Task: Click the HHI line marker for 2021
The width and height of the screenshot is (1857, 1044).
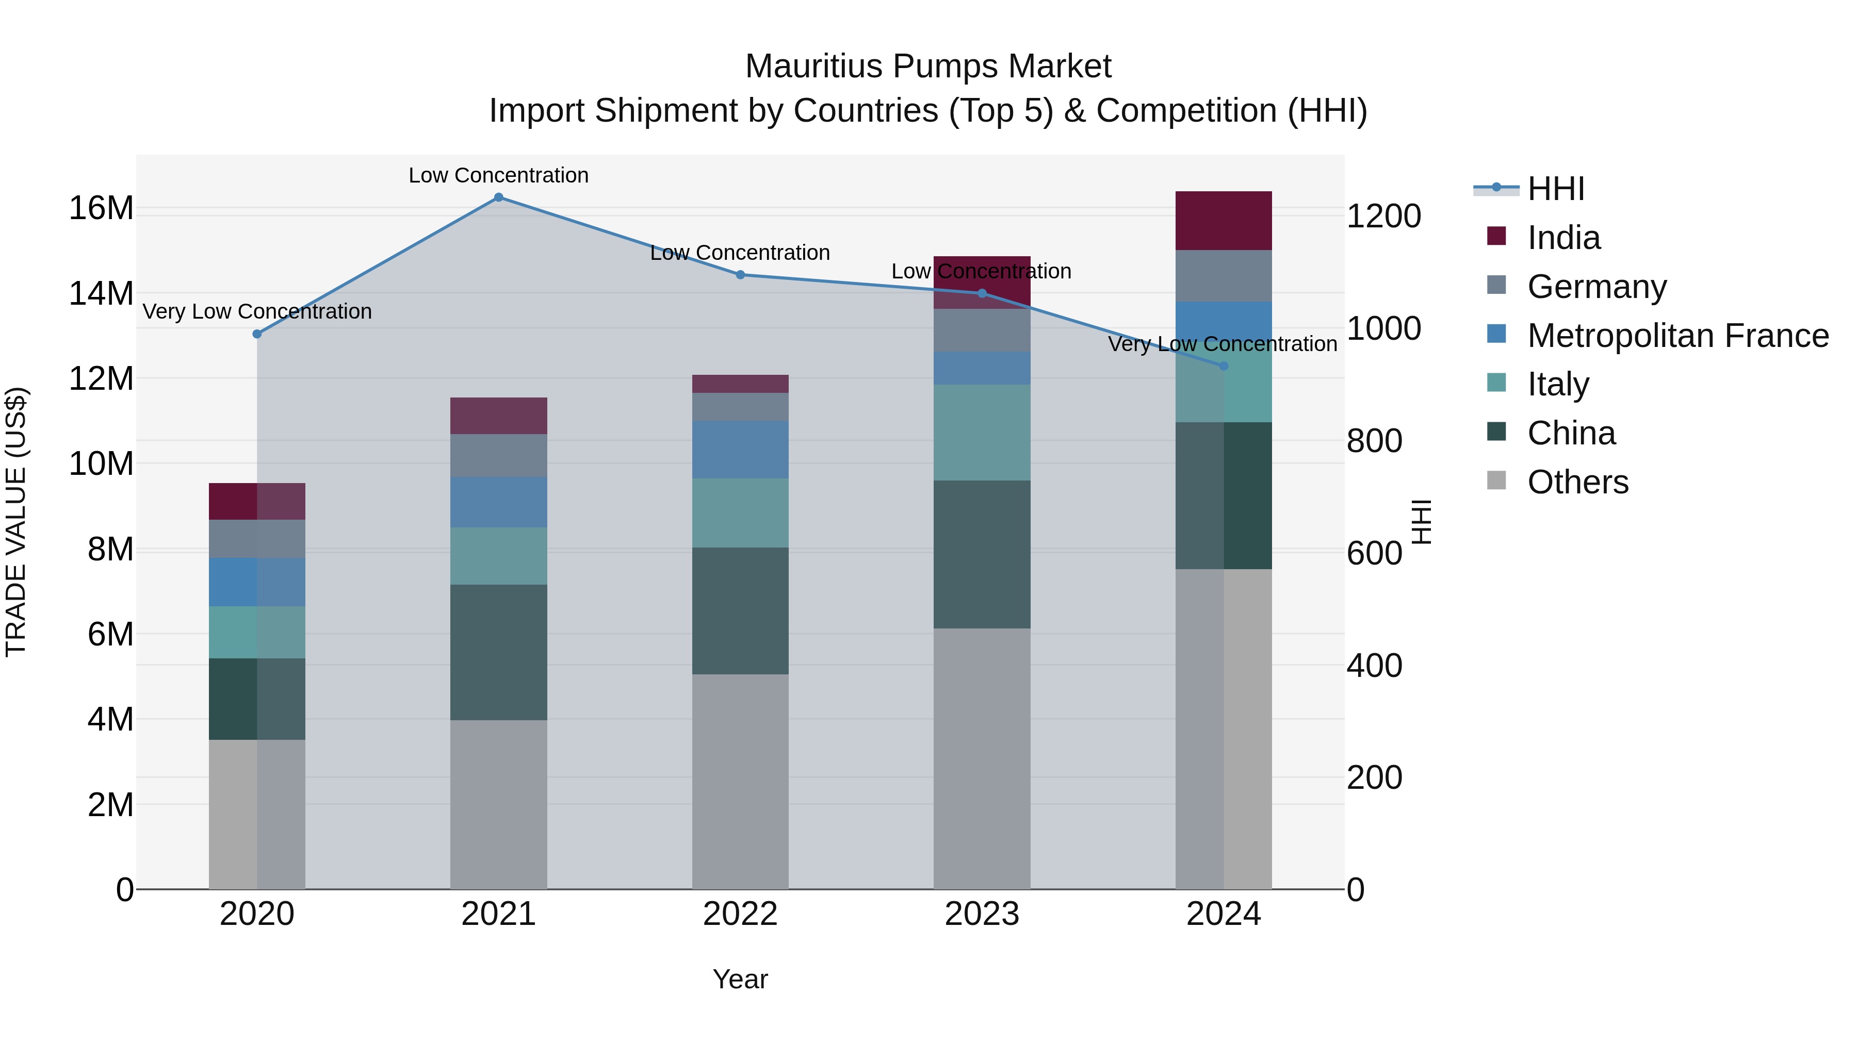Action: [x=498, y=197]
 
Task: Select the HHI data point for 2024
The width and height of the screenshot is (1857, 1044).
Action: [x=1224, y=366]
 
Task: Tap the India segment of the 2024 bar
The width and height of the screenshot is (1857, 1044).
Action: [x=1224, y=221]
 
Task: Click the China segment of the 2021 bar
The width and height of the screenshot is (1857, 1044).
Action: [x=498, y=652]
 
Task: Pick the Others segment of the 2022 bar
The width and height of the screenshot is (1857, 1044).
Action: [x=740, y=781]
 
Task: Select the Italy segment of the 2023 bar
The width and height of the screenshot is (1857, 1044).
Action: [x=981, y=433]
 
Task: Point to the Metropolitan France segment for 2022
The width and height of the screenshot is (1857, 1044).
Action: [x=740, y=450]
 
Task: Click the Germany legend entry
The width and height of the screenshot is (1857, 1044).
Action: [x=1597, y=287]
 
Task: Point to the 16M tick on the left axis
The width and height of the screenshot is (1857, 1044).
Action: [x=101, y=208]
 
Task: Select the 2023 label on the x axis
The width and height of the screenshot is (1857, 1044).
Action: [x=981, y=914]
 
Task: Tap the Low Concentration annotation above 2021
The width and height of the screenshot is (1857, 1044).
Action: [x=498, y=175]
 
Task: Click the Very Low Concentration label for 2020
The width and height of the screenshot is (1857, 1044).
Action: [x=257, y=311]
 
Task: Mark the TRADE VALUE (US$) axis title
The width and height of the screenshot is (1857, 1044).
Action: [x=17, y=522]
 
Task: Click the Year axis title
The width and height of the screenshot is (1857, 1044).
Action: [x=740, y=979]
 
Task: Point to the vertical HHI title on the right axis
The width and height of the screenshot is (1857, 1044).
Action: [x=1421, y=522]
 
